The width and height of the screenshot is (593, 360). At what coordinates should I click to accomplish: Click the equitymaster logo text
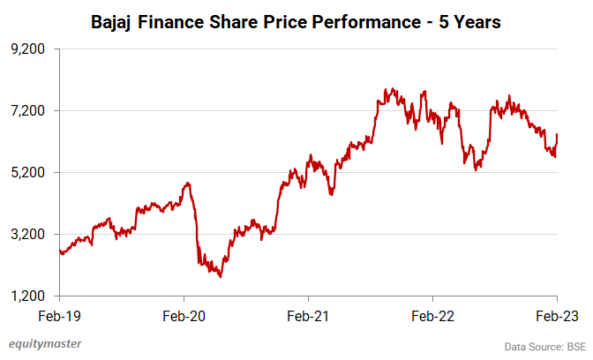(41, 345)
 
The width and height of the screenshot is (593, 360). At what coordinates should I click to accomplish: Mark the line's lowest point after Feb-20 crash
(220, 276)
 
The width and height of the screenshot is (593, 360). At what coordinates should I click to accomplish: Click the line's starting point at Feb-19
(59, 251)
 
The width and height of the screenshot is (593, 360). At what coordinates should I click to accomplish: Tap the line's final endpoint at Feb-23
(558, 134)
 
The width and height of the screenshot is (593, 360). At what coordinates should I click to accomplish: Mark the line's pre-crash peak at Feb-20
(186, 184)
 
